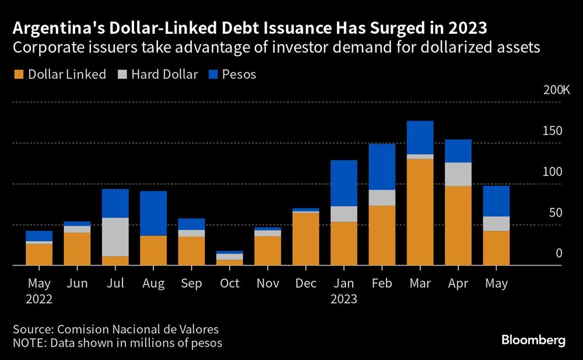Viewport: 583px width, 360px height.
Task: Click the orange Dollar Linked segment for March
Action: (x=420, y=211)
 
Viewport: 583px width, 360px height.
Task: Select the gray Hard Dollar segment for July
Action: (x=115, y=237)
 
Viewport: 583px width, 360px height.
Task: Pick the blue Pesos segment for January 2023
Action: (x=343, y=183)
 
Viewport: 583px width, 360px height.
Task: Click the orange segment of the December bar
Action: (x=305, y=239)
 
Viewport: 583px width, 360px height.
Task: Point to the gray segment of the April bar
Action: (x=458, y=174)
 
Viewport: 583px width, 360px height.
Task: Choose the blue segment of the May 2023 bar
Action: (x=496, y=201)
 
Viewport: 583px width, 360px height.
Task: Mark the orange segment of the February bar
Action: (x=382, y=235)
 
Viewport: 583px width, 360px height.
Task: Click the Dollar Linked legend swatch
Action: (x=18, y=75)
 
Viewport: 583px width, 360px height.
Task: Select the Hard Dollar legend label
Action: (x=165, y=75)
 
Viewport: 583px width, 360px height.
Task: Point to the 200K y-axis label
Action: (x=556, y=90)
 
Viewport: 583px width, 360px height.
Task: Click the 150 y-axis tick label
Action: (x=551, y=131)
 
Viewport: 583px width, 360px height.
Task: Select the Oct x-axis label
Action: (x=230, y=284)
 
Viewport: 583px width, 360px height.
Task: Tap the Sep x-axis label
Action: (x=191, y=284)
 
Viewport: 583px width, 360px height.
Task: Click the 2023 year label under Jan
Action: (x=343, y=299)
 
